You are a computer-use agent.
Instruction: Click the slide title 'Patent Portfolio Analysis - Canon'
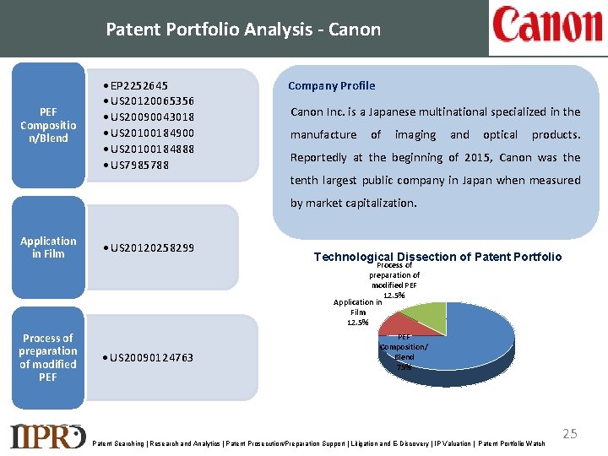243,30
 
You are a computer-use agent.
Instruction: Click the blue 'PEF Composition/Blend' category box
48,125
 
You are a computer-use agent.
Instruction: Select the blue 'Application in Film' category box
48,247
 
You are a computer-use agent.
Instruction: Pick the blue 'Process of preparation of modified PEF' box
48,357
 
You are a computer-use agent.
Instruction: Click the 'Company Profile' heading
332,85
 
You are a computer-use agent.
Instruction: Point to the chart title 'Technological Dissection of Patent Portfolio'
437,257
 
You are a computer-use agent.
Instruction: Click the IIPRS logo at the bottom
47,435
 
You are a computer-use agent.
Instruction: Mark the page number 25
570,433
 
